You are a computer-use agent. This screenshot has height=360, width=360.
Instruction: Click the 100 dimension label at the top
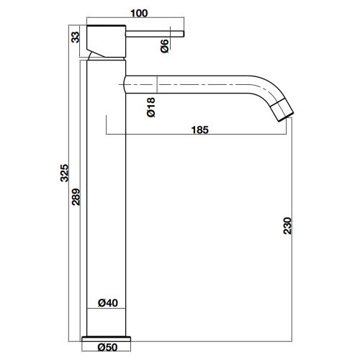[139, 13]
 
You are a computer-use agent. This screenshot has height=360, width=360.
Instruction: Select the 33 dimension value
[76, 37]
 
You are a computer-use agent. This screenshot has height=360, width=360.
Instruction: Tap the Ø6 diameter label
[165, 46]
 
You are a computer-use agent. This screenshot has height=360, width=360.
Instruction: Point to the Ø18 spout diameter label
[151, 107]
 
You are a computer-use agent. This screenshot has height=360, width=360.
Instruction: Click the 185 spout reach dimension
[200, 130]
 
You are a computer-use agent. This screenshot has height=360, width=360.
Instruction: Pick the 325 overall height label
[64, 173]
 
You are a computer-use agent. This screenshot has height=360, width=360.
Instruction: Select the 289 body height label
[76, 197]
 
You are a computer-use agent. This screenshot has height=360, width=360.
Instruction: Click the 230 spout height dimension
[287, 225]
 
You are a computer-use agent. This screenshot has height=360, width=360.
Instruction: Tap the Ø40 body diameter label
[108, 303]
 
